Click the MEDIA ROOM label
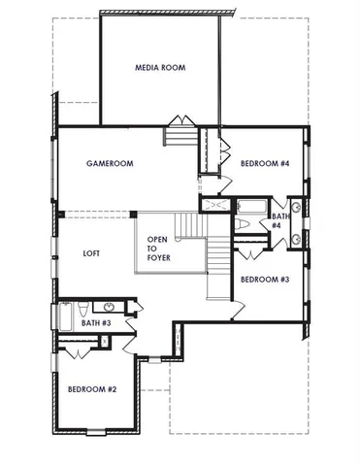[160, 68]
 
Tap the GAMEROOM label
[109, 165]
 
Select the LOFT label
[93, 253]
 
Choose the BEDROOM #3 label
[265, 280]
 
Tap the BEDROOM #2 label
[92, 389]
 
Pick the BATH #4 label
[278, 220]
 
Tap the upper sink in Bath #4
[295, 206]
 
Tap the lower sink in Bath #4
[295, 237]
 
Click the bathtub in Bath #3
[65, 316]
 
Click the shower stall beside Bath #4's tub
[215, 206]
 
